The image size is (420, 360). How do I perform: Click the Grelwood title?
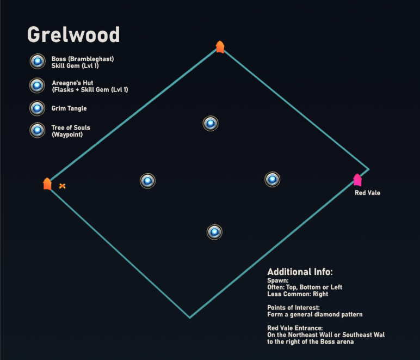tap(73, 35)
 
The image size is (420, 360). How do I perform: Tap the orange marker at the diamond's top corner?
tap(220, 47)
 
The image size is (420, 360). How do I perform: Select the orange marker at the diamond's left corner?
tap(47, 184)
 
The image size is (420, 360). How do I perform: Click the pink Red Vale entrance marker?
tap(357, 180)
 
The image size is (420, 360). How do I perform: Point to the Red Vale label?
tap(368, 193)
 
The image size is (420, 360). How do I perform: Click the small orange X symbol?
tap(62, 186)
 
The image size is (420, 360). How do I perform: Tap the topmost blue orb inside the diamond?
tap(211, 123)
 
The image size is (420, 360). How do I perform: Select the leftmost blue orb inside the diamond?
tap(147, 181)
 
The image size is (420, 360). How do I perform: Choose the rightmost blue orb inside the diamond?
tap(273, 179)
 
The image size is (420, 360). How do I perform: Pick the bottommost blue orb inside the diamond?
tap(214, 232)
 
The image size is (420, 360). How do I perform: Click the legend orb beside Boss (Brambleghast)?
tap(38, 62)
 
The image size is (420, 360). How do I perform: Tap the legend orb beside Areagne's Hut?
tap(37, 86)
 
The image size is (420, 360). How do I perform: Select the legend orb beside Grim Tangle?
tap(37, 108)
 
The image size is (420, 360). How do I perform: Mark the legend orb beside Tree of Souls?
tap(38, 130)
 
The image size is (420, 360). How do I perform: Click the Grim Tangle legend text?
tap(69, 108)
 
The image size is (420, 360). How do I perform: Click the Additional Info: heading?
tap(300, 272)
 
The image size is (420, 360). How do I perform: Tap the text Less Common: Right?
tap(298, 294)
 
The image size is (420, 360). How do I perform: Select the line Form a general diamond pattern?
tap(315, 314)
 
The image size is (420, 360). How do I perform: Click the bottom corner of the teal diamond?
tap(190, 318)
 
